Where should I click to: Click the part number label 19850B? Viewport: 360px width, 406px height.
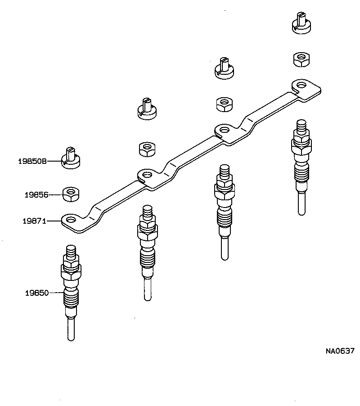point(32,161)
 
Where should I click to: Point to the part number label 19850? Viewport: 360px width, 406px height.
point(36,293)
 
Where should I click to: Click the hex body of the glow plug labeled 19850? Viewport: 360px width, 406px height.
point(71,272)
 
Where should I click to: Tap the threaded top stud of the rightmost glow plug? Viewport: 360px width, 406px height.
point(301,126)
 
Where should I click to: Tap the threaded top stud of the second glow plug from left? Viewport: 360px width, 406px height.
point(148,212)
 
